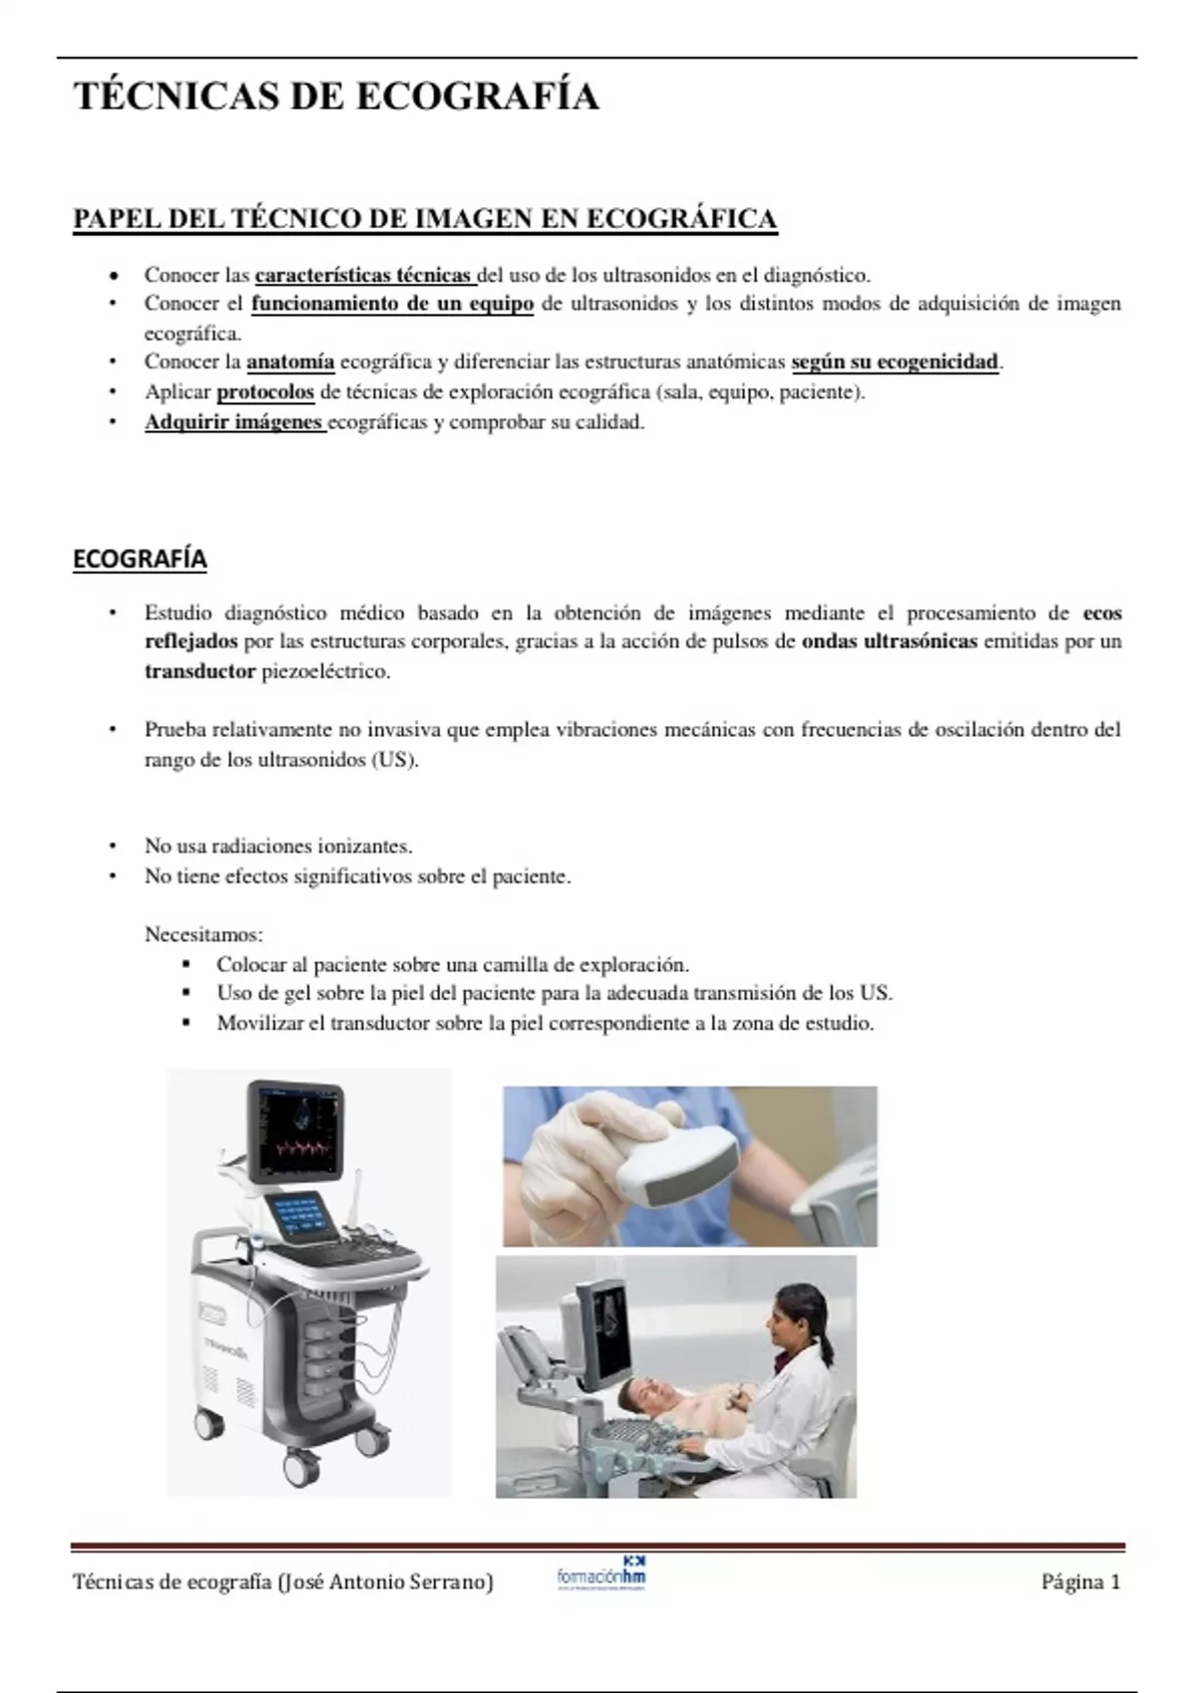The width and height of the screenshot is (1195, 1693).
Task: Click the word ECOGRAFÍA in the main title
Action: (477, 97)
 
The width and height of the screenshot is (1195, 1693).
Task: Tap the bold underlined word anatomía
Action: (290, 363)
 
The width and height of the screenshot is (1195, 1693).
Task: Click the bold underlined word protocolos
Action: (265, 392)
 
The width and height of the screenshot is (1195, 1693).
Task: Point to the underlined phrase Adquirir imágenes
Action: (234, 421)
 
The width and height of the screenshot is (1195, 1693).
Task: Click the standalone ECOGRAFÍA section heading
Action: (139, 559)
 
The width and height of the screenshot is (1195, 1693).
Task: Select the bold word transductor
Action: (200, 671)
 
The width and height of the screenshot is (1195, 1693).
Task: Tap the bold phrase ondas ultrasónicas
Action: (889, 641)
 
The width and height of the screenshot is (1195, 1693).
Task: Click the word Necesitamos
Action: (202, 935)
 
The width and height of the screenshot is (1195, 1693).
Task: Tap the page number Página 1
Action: (1080, 1581)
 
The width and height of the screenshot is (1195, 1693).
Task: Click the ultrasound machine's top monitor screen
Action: (297, 1129)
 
